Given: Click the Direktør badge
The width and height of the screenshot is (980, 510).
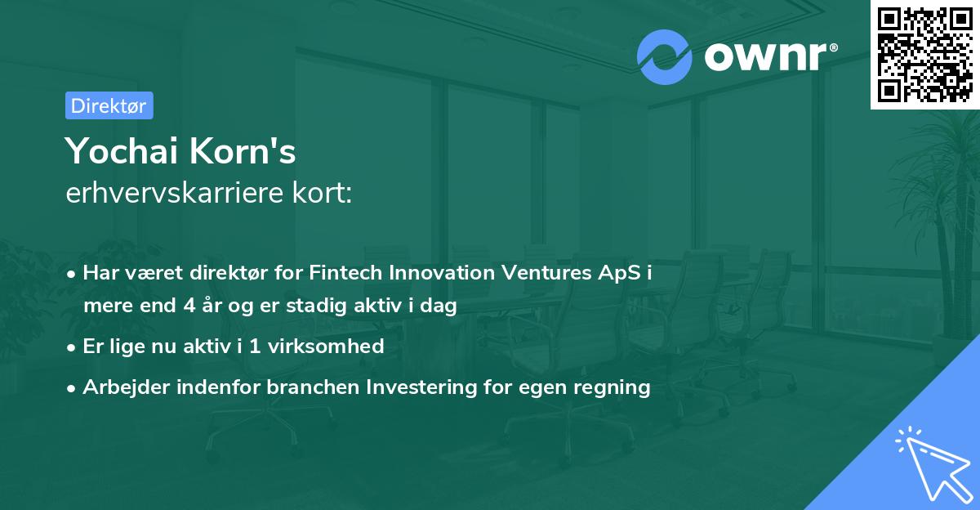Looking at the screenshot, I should point(109,105).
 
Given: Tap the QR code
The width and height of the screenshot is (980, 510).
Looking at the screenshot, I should point(924,54).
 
